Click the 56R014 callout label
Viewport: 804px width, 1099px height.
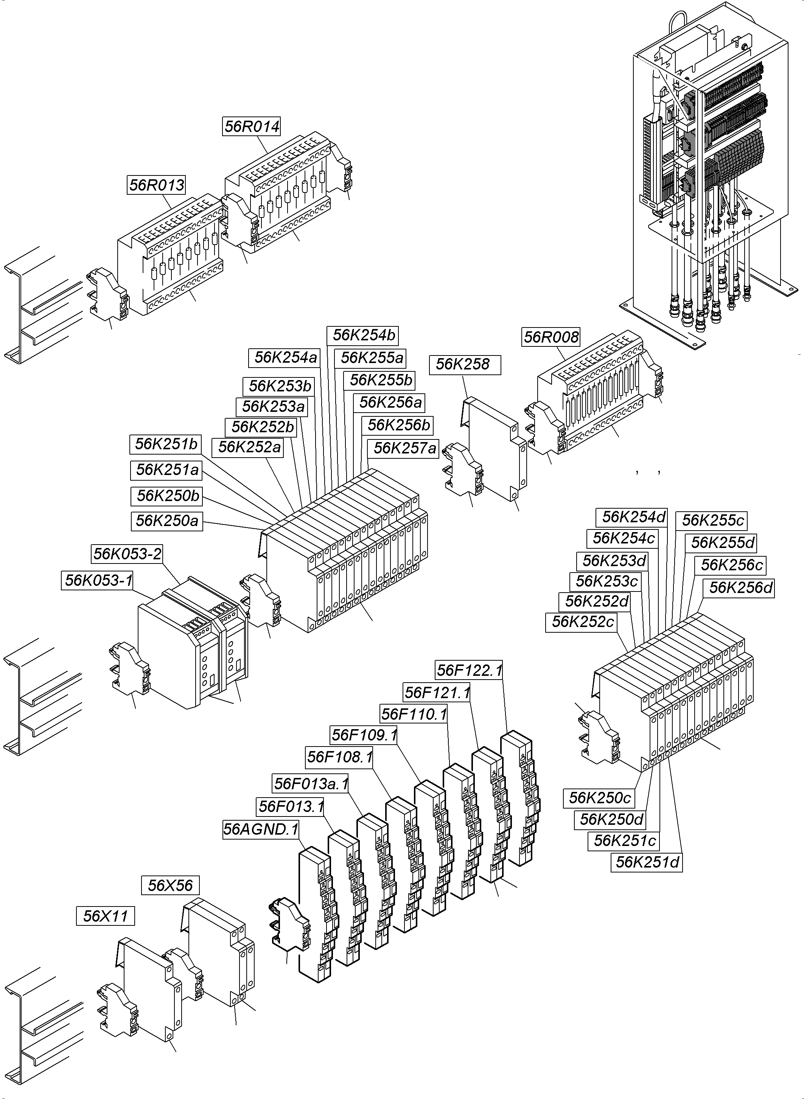coord(252,126)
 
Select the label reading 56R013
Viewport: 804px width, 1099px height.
coord(157,185)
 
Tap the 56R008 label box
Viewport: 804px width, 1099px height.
coord(551,337)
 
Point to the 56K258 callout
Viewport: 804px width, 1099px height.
coord(464,365)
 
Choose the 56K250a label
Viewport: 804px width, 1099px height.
coord(166,521)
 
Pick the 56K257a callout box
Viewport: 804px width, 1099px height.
coord(404,448)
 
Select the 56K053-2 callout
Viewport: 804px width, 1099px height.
coord(127,554)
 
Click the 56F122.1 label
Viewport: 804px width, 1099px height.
coord(469,671)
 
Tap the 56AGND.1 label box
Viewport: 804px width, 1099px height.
coord(260,829)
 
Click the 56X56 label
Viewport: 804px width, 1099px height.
coord(170,885)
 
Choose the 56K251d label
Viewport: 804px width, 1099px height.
coord(646,862)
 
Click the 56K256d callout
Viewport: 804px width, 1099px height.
coord(740,588)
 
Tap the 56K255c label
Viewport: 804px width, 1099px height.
coord(712,520)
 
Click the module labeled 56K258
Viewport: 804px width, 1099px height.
coord(494,447)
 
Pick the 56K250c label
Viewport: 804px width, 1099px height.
coord(600,798)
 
